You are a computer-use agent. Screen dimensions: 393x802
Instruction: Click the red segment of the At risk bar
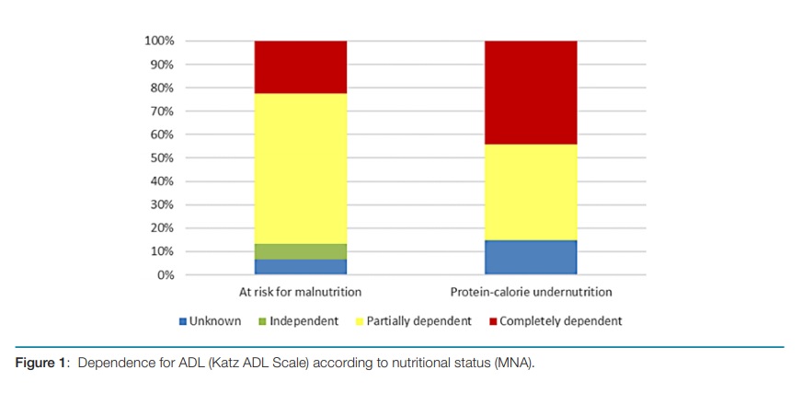[x=301, y=67]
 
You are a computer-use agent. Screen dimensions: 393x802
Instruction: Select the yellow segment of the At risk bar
[x=301, y=168]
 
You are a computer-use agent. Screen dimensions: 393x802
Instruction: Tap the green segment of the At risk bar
[x=301, y=251]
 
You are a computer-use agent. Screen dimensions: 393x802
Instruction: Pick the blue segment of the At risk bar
[x=301, y=267]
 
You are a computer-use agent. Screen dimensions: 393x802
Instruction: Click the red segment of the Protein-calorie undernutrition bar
[x=531, y=93]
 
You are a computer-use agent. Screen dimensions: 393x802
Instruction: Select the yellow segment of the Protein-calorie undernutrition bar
[x=531, y=192]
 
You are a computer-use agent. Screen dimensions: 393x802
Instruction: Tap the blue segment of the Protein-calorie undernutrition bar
[x=531, y=257]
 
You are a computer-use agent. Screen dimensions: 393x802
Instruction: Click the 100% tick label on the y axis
[x=158, y=41]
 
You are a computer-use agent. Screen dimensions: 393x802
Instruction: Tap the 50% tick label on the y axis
[x=161, y=158]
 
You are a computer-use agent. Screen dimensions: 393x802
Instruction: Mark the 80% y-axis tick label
[x=161, y=88]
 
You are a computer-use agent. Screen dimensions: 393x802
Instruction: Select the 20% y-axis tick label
[x=161, y=228]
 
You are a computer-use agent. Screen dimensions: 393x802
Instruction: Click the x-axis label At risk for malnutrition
[x=301, y=293]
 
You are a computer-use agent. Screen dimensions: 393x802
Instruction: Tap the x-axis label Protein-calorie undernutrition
[x=531, y=293]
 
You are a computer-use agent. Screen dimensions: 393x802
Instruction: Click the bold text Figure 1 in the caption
[x=41, y=364]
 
